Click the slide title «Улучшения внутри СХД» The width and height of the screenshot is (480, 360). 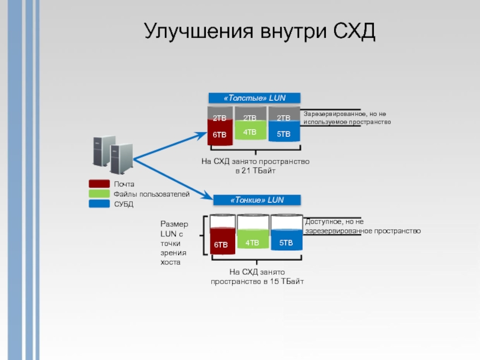click(x=259, y=31)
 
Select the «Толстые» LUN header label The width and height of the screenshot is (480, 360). click(x=254, y=98)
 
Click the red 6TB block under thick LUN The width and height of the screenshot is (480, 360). click(x=220, y=134)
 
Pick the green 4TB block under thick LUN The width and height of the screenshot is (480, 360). click(x=250, y=131)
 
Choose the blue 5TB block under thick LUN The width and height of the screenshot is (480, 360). click(x=283, y=134)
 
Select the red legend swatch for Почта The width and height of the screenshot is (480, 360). click(x=99, y=184)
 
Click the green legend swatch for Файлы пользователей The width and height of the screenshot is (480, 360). click(x=99, y=194)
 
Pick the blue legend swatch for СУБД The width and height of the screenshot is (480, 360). click(x=99, y=204)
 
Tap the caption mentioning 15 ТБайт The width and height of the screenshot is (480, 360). click(x=257, y=277)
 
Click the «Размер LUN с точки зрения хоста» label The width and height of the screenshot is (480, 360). click(x=174, y=242)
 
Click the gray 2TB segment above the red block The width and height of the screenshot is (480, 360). click(x=220, y=114)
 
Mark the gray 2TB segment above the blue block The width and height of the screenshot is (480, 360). click(x=283, y=114)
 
